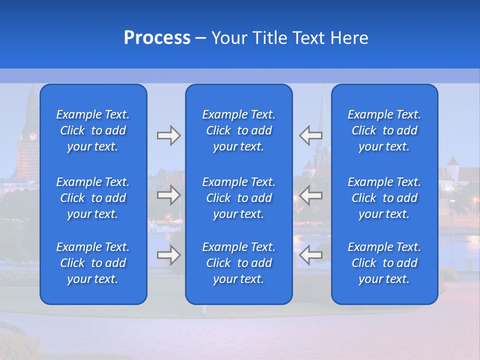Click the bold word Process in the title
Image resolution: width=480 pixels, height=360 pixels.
157,38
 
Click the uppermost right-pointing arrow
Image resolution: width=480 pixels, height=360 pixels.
168,135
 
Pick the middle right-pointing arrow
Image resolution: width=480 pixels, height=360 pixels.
168,195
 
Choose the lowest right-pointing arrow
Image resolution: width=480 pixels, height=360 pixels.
168,255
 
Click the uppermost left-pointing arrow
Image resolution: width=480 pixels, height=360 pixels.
310,135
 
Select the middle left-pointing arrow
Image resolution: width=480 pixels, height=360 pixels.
310,195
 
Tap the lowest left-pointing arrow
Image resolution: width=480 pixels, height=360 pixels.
310,255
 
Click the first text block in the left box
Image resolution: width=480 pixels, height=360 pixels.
93,130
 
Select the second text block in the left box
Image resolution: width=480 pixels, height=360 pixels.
93,198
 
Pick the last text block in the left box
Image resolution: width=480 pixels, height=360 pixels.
93,263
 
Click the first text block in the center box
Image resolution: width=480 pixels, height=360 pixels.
239,130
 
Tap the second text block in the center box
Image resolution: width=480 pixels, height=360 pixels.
239,198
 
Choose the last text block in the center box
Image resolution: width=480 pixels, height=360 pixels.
239,263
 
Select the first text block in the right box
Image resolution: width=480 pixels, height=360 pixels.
384,130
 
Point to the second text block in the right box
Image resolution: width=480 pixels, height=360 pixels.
384,198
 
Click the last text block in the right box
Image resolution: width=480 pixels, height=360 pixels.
384,263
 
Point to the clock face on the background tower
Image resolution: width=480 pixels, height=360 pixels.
33,136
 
